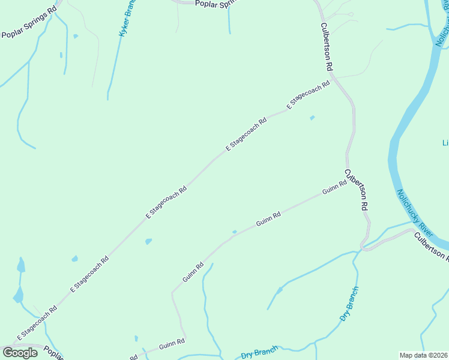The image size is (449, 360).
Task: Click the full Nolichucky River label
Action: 415,212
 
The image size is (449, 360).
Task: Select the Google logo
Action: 20,353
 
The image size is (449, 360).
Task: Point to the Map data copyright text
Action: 424,355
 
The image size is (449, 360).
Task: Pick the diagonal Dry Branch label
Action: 349,304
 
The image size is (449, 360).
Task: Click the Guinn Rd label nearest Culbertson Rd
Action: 334,188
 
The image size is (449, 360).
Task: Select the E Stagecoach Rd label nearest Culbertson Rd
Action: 309,94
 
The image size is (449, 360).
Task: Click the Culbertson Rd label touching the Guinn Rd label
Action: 356,189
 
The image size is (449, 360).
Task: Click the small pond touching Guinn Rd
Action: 234,232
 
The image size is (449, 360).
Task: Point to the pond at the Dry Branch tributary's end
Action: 280,290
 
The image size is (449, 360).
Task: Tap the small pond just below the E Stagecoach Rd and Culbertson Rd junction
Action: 312,118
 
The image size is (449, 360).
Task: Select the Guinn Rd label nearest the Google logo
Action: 172,346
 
